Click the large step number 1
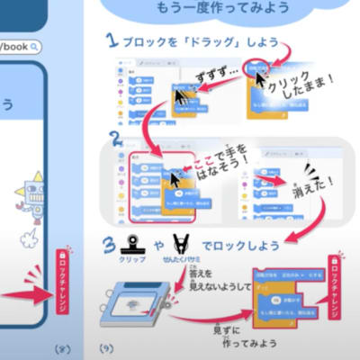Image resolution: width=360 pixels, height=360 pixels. [x=111, y=40]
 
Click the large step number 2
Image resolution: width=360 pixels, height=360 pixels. [x=115, y=138]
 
